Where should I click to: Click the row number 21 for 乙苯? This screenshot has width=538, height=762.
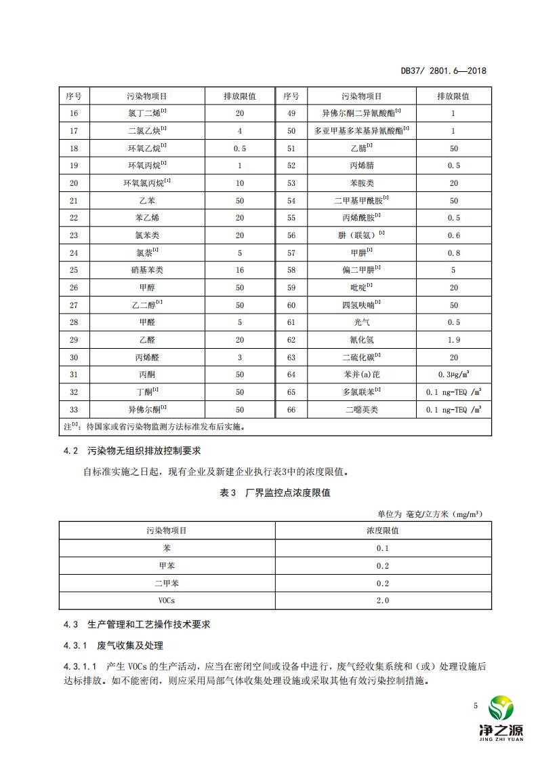74,201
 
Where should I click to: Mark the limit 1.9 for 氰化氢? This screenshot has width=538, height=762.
453,340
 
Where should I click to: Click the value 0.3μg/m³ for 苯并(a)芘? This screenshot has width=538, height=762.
453,375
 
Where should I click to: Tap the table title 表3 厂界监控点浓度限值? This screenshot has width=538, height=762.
275,493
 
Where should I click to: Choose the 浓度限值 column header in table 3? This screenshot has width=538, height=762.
383,530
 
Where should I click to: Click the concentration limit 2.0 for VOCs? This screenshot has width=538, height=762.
383,600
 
